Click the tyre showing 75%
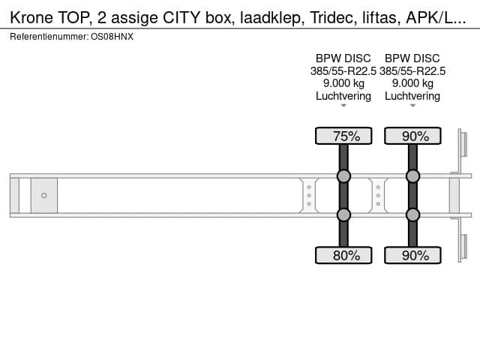343,136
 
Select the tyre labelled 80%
343,255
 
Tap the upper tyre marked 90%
412,136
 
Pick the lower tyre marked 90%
412,255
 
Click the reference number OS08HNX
112,37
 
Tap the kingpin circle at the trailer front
44,195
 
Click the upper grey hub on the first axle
343,176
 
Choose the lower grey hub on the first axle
343,215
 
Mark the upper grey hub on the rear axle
412,176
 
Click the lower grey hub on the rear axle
412,215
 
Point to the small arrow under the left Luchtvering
343,106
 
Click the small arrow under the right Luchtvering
412,106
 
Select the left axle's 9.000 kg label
343,83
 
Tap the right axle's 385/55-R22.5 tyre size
412,71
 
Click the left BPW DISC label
343,58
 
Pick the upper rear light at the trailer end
464,144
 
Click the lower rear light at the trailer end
464,247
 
